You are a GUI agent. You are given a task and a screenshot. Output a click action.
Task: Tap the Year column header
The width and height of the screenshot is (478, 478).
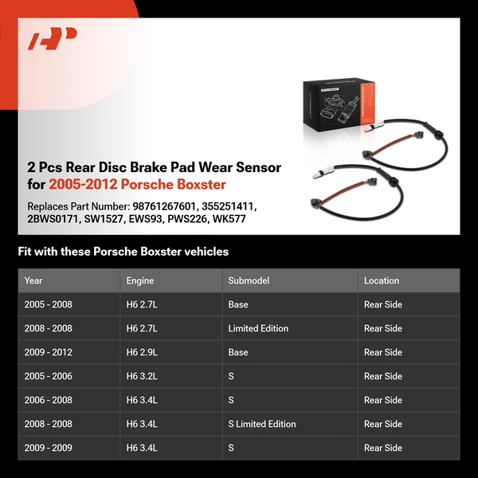pos(33,280)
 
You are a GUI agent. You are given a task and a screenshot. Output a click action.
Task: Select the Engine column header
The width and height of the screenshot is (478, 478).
pos(139,280)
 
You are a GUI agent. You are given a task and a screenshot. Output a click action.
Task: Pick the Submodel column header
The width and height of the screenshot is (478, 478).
pos(248,280)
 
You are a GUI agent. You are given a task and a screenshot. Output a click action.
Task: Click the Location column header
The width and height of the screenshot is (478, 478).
pos(382,280)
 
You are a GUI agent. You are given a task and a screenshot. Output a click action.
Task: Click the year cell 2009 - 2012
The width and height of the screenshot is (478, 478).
pos(48,352)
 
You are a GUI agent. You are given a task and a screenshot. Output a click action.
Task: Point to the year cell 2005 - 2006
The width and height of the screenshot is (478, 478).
pos(48,376)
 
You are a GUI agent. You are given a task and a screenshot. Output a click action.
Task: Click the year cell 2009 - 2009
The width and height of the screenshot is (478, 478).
pos(48,448)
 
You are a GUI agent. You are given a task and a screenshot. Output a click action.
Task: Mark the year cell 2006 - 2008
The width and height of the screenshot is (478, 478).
pos(48,400)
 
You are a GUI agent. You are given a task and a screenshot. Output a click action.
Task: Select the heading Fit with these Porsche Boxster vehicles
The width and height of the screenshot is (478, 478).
pos(123,252)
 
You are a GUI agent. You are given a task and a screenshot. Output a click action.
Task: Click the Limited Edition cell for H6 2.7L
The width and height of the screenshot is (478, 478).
pos(258,328)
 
